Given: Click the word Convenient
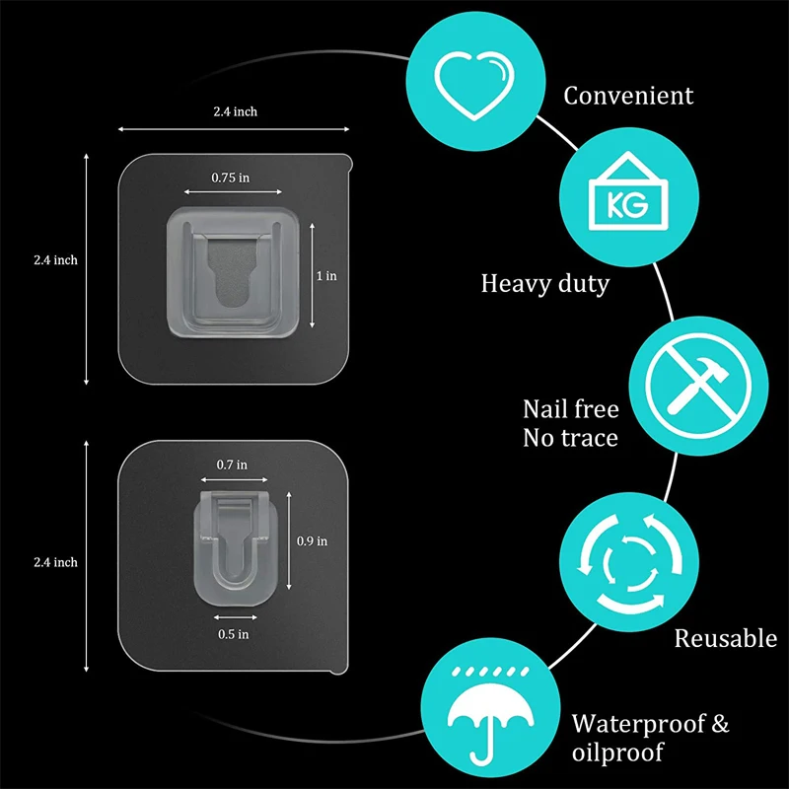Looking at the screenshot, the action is click(x=628, y=96).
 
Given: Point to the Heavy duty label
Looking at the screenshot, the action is click(x=544, y=284).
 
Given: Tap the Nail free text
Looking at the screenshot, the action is click(x=570, y=408).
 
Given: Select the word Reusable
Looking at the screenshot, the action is click(x=725, y=638).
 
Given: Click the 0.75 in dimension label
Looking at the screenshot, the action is click(x=230, y=179).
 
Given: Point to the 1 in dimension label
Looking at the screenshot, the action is click(x=326, y=276).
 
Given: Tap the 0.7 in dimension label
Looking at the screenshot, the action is click(x=232, y=464).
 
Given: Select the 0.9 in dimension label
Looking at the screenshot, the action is click(x=312, y=540).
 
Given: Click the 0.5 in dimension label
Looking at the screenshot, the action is click(x=232, y=634).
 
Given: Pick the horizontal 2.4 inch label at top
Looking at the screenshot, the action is click(x=235, y=112).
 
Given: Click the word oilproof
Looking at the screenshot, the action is click(x=617, y=753).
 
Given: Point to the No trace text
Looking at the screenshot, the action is click(x=570, y=438).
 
